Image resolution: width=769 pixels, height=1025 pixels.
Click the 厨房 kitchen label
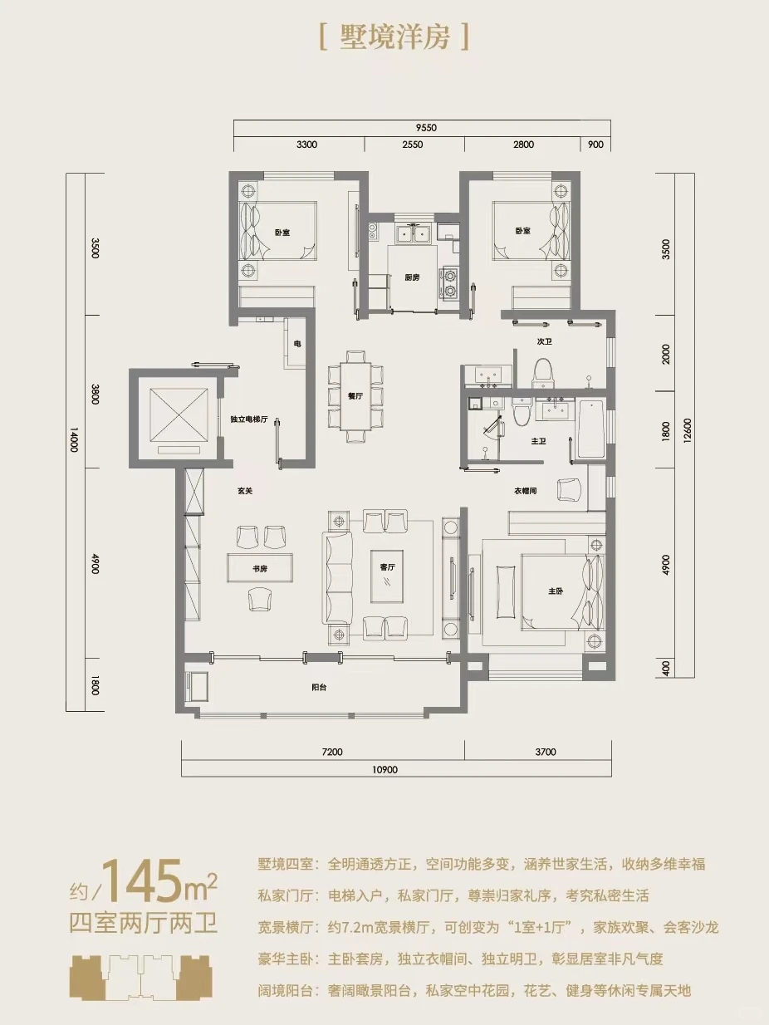point(412,277)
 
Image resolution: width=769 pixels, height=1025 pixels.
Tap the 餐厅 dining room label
point(355,396)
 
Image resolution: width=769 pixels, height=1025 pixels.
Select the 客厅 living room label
point(387,566)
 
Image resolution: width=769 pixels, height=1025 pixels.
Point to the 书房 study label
point(260,569)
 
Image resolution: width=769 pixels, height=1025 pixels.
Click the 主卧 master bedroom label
point(555,591)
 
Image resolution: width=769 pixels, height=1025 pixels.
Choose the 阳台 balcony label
point(319,688)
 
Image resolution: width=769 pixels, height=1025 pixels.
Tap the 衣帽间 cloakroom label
point(526,491)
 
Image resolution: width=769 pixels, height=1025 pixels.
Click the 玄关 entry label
point(245,491)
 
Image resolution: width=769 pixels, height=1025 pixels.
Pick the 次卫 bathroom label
point(545,342)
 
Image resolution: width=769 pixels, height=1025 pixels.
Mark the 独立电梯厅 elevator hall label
point(249,419)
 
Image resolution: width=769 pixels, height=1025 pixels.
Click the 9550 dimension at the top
point(426,128)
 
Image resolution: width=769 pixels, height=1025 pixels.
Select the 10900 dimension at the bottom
point(385,769)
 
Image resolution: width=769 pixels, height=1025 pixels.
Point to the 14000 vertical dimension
point(74,439)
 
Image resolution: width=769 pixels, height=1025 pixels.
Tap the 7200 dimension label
point(332,752)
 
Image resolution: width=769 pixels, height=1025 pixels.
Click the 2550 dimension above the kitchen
point(413,145)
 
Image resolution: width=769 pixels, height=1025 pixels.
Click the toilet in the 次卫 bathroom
point(543,373)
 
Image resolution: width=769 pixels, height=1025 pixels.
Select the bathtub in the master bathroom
point(591,429)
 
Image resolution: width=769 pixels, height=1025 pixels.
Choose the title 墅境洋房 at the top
point(394,37)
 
